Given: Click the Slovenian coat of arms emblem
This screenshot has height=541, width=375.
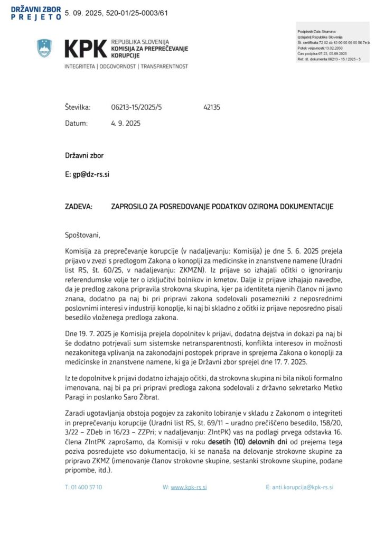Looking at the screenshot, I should click(44, 48).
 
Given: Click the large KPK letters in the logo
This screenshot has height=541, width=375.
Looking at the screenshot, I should click(85, 49).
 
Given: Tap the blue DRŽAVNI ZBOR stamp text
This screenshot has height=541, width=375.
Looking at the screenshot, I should click(35, 9).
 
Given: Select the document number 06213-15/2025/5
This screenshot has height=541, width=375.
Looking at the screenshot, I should click(136, 107).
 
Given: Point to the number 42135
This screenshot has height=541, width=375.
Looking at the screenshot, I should click(211, 107).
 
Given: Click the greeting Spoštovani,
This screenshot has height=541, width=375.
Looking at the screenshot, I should click(82, 235).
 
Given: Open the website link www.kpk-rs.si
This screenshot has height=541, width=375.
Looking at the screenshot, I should click(189, 487).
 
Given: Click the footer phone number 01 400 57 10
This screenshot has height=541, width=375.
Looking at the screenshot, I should click(83, 487).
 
